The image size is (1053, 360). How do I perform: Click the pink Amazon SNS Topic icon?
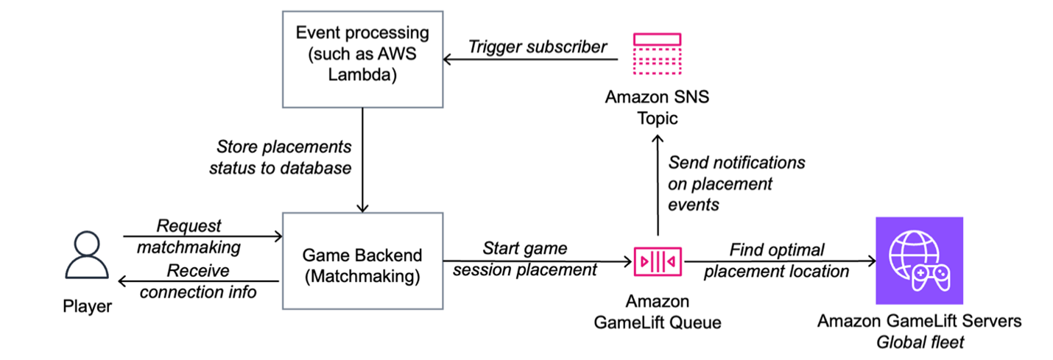[657, 55]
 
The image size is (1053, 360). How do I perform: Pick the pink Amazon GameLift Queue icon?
[658, 261]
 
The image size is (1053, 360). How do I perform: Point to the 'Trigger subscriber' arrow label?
[538, 46]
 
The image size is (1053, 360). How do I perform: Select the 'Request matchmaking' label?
[189, 236]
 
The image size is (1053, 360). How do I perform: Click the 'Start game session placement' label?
[525, 259]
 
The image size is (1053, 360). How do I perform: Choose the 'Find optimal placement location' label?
[777, 261]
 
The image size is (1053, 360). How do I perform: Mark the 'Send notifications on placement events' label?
[736, 183]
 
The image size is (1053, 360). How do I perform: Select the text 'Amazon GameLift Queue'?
[657, 311]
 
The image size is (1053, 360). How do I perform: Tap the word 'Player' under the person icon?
[87, 306]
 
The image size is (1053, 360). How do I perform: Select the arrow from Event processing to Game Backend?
[362, 162]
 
